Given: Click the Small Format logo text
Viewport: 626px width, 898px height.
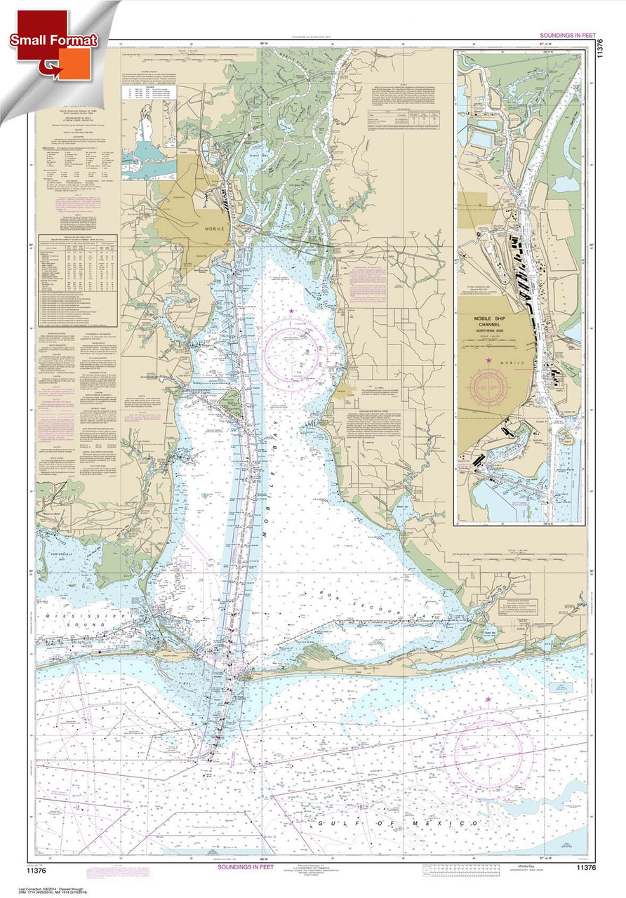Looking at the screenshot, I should click(x=53, y=40).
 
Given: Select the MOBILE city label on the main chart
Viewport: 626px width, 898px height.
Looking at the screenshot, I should click(x=206, y=229).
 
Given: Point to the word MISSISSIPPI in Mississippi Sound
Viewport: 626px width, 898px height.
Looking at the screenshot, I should click(x=70, y=612).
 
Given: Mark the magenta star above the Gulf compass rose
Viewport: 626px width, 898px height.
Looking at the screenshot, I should click(x=488, y=699).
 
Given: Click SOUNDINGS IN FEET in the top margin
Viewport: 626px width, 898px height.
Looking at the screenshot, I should click(x=568, y=35).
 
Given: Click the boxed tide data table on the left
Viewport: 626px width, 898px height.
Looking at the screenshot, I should click(x=79, y=271).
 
